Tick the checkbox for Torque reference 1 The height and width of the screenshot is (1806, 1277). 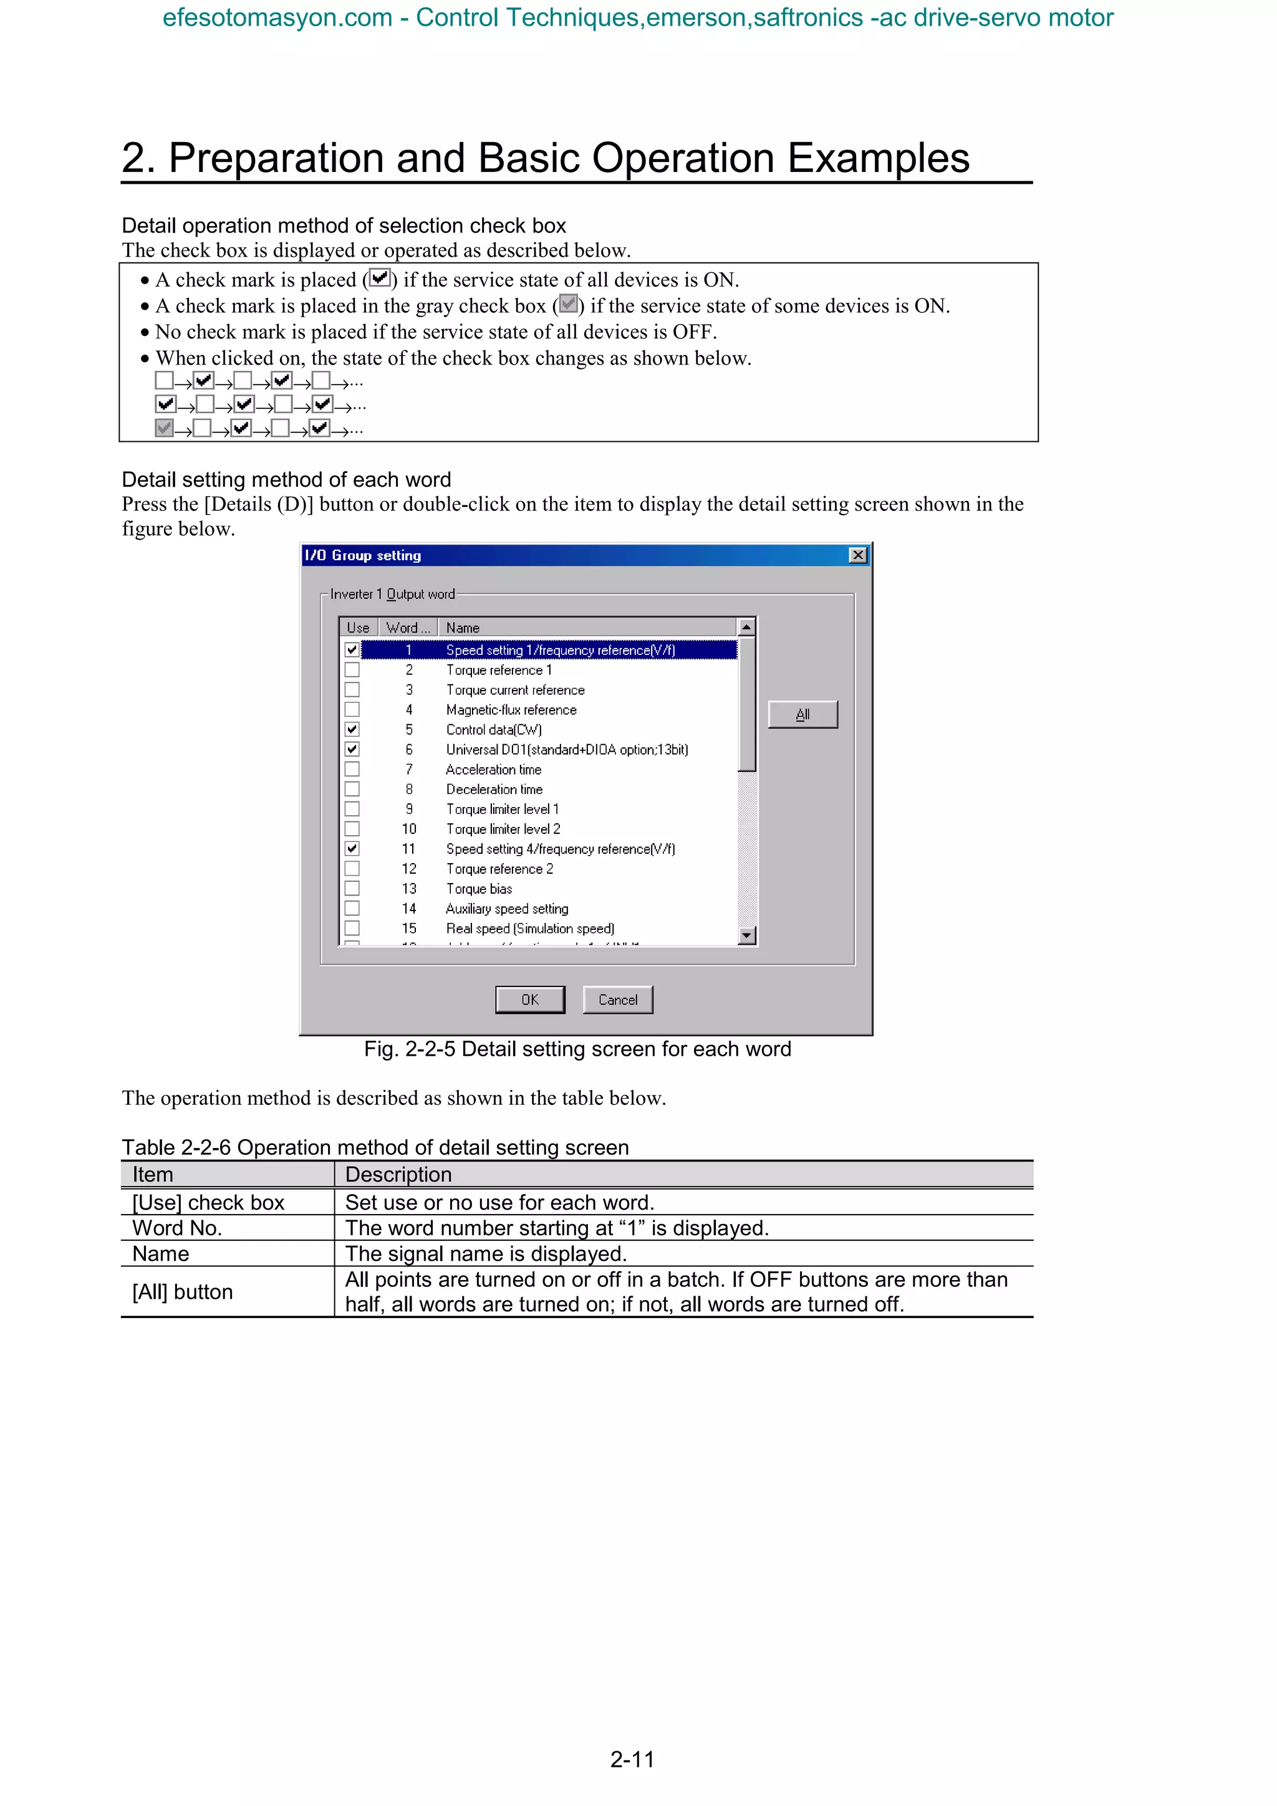point(352,670)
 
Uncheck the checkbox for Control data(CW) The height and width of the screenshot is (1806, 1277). point(352,730)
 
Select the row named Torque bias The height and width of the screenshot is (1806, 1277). point(478,889)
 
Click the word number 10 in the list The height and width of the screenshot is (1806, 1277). point(409,829)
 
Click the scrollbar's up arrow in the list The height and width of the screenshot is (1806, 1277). point(747,627)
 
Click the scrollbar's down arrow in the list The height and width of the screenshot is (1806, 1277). point(747,935)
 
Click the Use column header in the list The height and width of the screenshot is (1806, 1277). point(358,627)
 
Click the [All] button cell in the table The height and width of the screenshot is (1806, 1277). point(183,1292)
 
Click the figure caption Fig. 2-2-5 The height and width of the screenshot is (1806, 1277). point(577,1049)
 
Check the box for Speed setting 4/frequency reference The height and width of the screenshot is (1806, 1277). point(352,849)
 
